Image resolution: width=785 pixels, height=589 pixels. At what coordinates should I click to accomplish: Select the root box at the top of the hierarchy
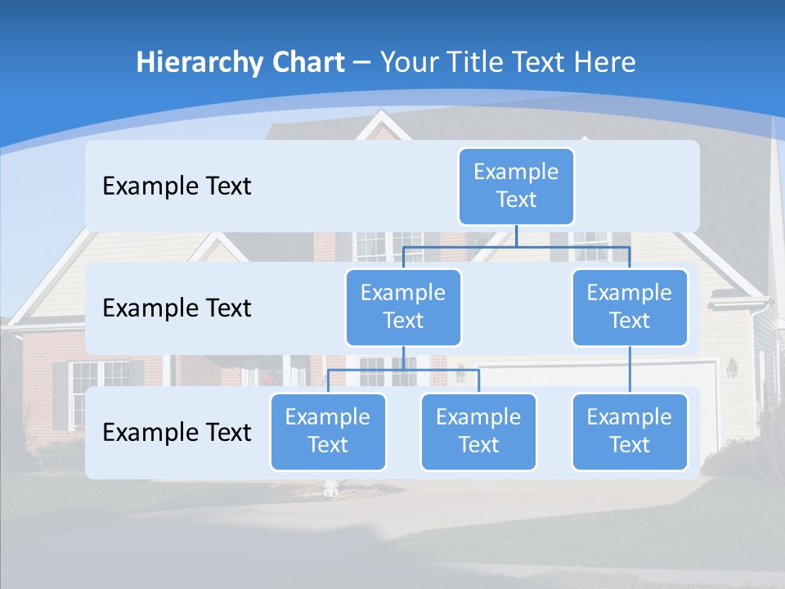(516, 186)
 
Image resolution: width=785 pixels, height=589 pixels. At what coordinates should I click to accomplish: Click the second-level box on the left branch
(403, 307)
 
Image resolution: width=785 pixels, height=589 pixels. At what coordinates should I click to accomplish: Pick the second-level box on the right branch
(630, 307)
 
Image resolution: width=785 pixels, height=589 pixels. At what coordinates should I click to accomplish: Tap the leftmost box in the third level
(328, 431)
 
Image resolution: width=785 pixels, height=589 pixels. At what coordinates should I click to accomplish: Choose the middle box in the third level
(478, 431)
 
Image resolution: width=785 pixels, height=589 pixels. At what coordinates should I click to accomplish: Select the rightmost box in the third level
(630, 431)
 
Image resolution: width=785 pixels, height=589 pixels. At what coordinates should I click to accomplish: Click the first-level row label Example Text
(177, 187)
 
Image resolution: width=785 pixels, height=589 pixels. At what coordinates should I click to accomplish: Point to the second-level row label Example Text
(177, 308)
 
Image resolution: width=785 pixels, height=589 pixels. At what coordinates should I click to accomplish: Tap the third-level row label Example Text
(177, 432)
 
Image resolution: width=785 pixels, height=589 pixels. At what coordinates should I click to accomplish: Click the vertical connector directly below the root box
(516, 236)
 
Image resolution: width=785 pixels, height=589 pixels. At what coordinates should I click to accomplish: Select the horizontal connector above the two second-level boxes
(516, 246)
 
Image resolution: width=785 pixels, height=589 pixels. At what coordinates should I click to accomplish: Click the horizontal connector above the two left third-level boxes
(403, 370)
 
